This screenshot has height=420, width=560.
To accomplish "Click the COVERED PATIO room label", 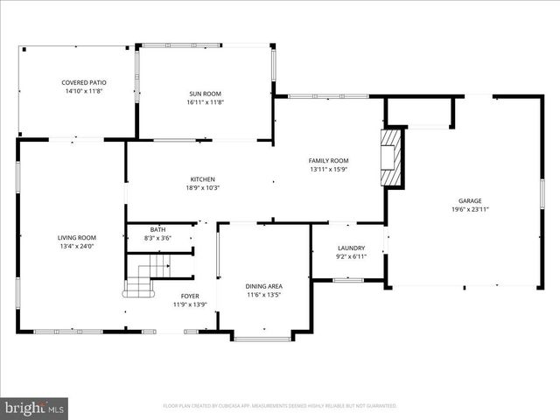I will (77, 82).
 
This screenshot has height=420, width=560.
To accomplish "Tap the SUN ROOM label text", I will (206, 93).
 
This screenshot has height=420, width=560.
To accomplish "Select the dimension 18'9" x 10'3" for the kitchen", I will (202, 187).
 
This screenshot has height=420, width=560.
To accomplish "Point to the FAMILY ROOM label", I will (328, 161).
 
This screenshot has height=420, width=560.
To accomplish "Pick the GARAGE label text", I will (470, 200).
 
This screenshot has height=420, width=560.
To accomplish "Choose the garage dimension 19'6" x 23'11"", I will (470, 209).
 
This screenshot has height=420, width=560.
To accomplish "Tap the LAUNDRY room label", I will (350, 248).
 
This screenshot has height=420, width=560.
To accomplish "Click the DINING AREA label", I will (263, 286).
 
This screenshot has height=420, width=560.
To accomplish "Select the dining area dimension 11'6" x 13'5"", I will (263, 295).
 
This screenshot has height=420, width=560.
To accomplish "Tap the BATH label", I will (157, 229).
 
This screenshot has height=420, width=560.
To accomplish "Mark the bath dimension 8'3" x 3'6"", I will (157, 237).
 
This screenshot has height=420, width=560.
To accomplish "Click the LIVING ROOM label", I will (77, 237).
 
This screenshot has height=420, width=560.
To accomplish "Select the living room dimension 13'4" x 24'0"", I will (77, 246).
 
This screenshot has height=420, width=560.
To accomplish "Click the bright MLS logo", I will (35, 408).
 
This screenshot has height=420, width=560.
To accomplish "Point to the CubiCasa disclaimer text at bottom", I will (280, 406).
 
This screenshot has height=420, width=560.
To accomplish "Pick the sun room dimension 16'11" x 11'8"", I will (206, 101).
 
